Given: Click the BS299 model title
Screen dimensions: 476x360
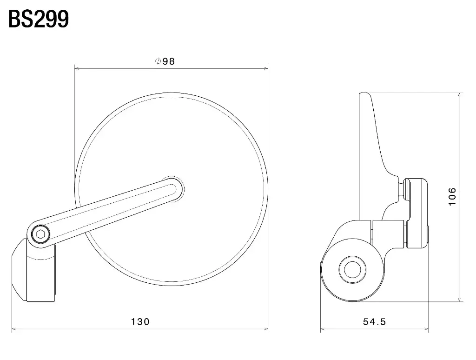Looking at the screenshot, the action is (x=39, y=19).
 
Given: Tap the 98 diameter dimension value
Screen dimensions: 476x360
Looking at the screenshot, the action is (x=169, y=61).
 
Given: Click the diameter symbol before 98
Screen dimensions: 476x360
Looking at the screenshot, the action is (x=158, y=61).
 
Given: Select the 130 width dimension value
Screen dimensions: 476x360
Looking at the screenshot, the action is (x=140, y=321).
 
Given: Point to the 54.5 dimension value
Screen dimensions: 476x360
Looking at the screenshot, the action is (x=374, y=321).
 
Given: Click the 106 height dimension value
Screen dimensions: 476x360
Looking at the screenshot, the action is (x=452, y=197).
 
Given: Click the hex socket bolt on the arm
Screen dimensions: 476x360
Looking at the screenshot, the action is (x=40, y=234).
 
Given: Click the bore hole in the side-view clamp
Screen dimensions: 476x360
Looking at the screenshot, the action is (x=352, y=269).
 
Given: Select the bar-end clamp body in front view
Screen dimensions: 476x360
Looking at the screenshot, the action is (x=34, y=270).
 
